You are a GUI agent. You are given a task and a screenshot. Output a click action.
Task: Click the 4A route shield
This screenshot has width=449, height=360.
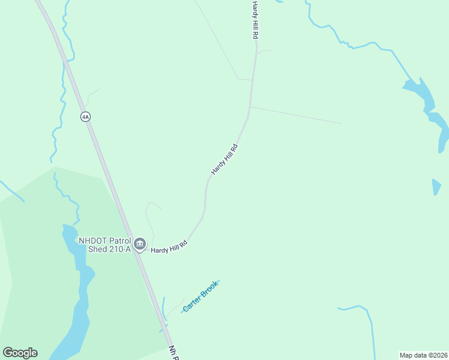tap(85, 116)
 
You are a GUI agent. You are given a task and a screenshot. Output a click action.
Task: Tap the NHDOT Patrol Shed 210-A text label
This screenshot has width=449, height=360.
tap(104, 245)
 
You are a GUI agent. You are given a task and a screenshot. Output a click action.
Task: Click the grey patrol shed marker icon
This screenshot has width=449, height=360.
tap(140, 244)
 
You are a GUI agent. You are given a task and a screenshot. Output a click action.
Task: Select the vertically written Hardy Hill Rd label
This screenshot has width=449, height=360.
tap(255, 20)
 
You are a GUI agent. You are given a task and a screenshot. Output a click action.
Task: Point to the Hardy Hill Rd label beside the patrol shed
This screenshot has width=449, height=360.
tap(169, 247)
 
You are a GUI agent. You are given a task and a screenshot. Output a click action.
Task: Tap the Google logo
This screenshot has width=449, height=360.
tap(20, 353)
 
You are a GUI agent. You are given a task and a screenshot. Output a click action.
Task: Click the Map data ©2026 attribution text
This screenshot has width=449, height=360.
tap(423, 355)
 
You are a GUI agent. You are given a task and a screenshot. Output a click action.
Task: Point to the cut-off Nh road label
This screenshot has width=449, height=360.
tap(174, 352)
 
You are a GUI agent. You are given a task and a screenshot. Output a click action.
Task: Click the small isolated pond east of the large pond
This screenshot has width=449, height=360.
tap(436, 187)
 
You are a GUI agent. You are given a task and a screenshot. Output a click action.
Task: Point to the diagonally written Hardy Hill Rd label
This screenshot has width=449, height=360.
tap(225, 159)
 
